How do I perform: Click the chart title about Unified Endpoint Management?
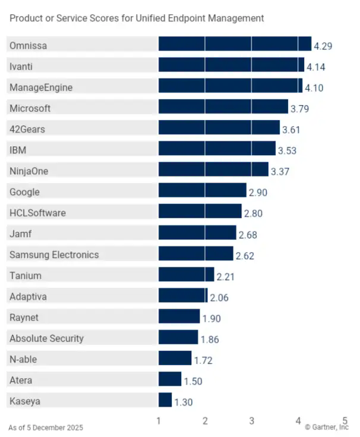[x=137, y=18]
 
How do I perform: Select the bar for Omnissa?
[x=235, y=45]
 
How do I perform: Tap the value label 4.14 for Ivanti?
[x=316, y=67]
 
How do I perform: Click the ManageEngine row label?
[x=41, y=87]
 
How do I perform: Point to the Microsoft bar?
[x=223, y=108]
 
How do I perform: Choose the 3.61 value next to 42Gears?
[x=292, y=129]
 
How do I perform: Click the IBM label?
[x=18, y=150]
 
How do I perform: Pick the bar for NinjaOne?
[x=213, y=171]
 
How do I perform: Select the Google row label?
[x=24, y=192]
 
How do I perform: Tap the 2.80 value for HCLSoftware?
[x=253, y=213]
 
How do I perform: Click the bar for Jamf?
[x=197, y=234]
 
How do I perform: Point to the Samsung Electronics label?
[x=54, y=254]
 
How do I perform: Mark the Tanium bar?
[x=186, y=275]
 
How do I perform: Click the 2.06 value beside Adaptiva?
[x=219, y=297]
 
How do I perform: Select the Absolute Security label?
[x=46, y=338]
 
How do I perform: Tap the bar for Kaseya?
[x=165, y=401]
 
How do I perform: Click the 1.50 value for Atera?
[x=193, y=381]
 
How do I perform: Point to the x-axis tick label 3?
[x=251, y=421]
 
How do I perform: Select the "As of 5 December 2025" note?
[x=46, y=427]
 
